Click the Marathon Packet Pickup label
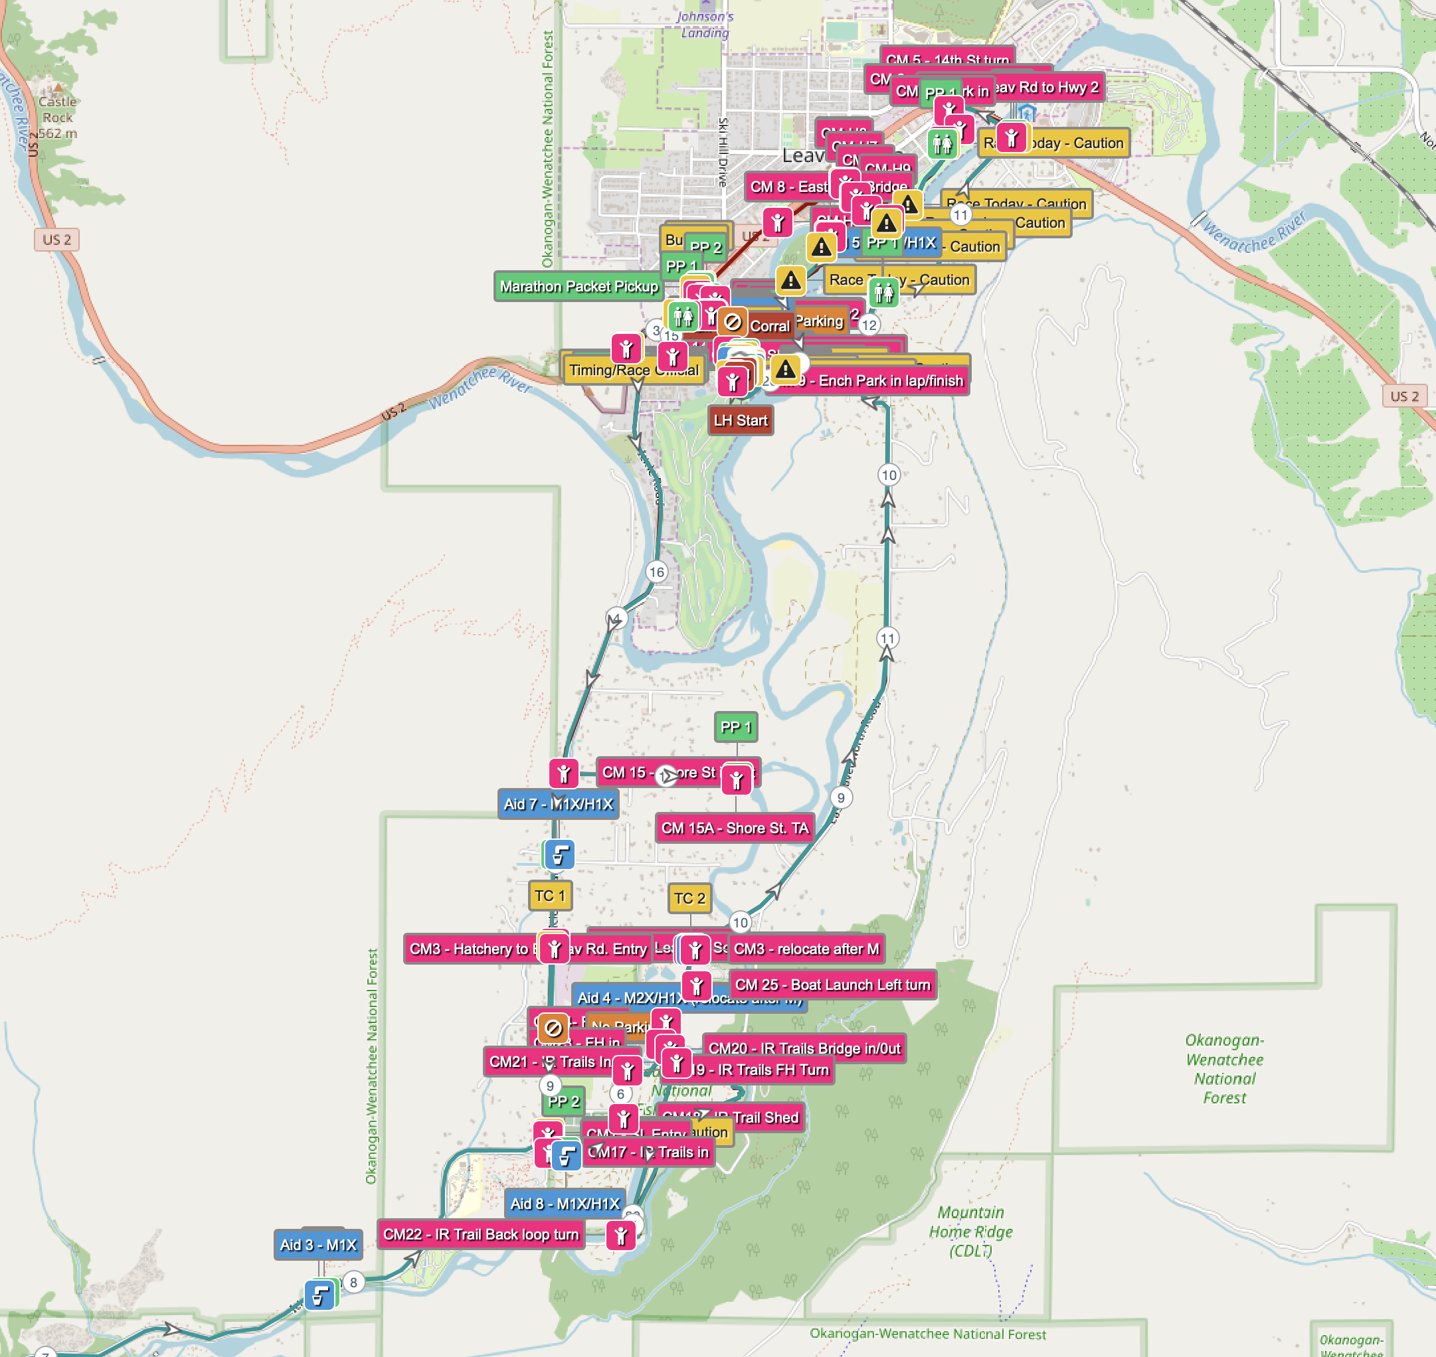579,286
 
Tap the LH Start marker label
740,420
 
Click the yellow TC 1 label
549,896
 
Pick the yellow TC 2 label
689,898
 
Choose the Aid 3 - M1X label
317,1245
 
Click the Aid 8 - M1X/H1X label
565,1204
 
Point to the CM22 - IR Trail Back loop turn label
481,1234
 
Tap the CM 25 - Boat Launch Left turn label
832,985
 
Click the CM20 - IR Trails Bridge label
804,1048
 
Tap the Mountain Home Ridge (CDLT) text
970,1231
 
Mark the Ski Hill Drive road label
723,152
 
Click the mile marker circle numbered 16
656,572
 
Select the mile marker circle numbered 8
353,1283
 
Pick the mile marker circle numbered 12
869,325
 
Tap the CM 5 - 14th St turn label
946,59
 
